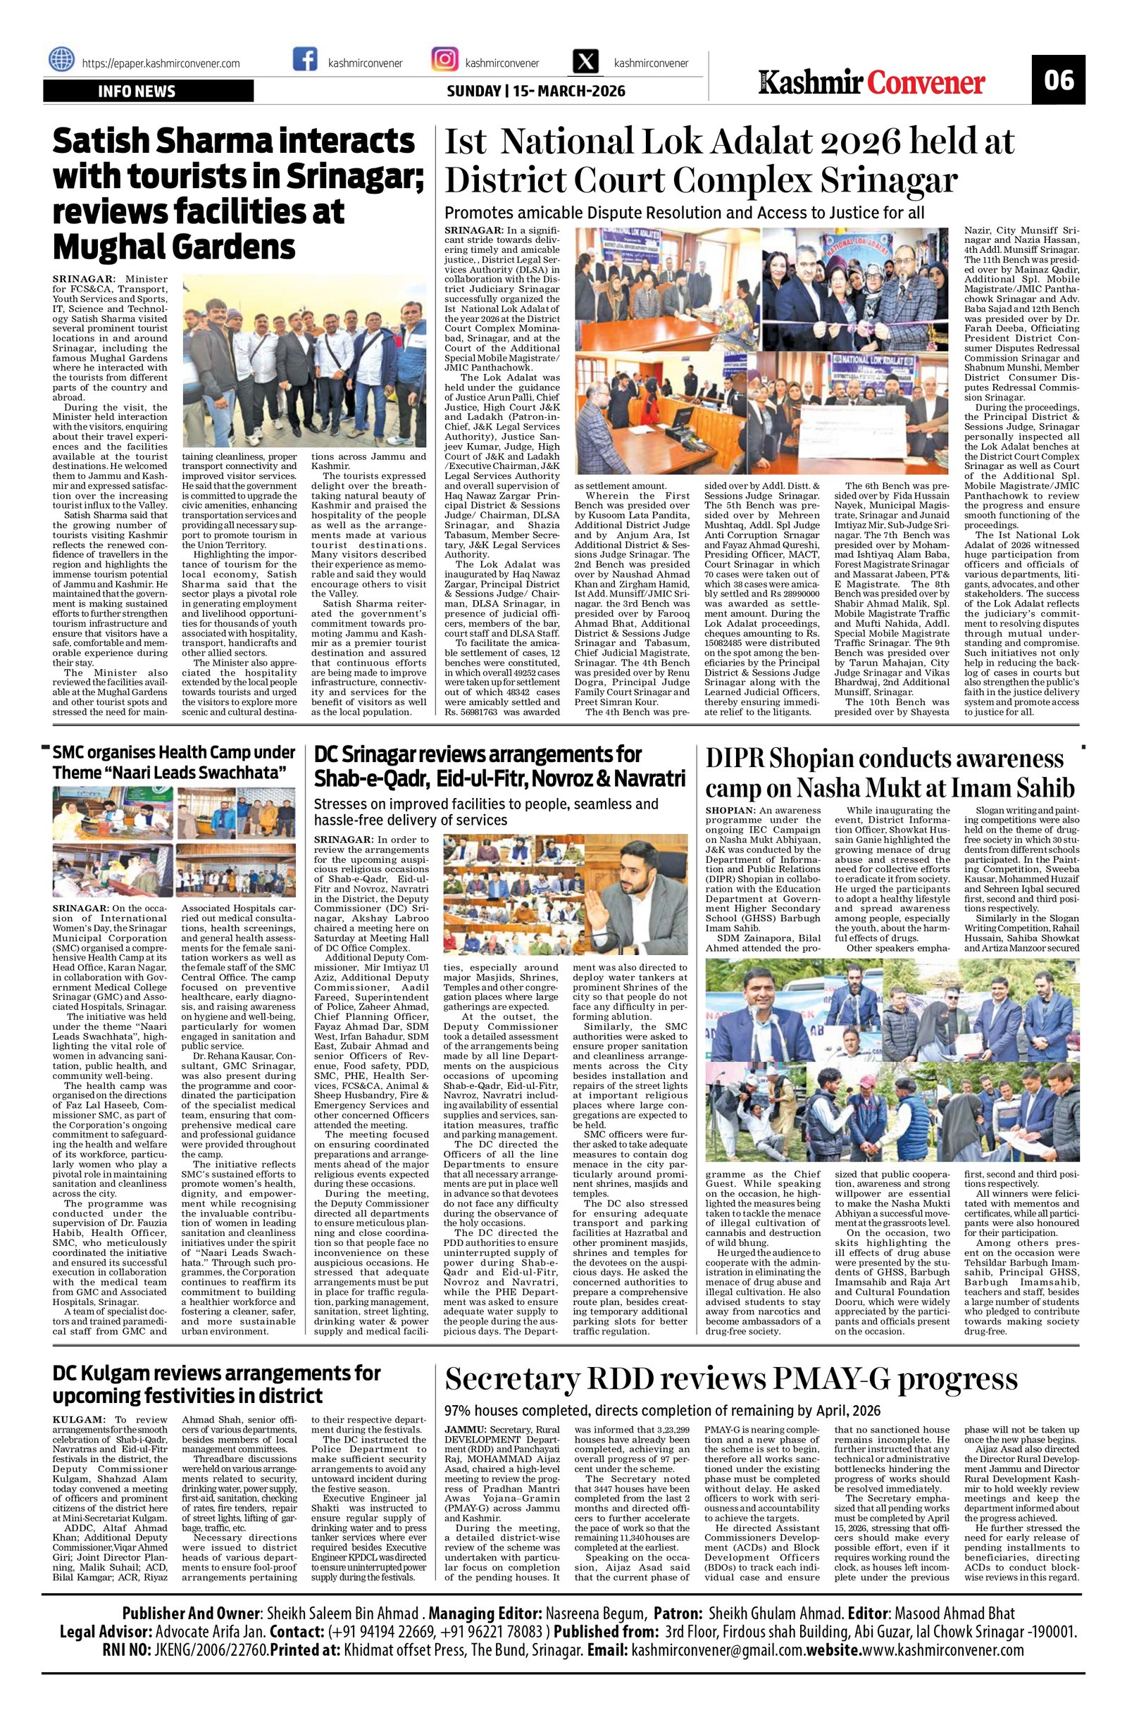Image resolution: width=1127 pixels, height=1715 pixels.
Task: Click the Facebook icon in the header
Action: click(305, 60)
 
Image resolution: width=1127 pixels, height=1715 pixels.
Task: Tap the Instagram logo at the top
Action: click(443, 60)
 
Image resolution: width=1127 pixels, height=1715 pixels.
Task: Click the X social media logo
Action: click(585, 61)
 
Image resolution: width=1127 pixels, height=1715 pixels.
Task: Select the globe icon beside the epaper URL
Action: click(62, 60)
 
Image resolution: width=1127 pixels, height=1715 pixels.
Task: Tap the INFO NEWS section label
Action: click(137, 92)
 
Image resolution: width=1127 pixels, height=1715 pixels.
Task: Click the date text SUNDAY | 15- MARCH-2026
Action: click(536, 92)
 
